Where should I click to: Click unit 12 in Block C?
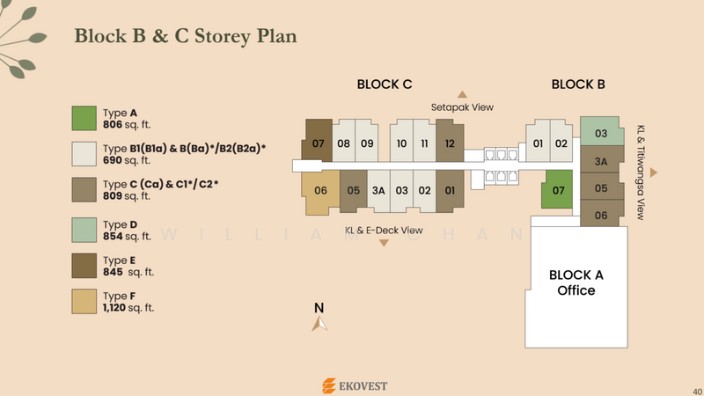coord(450,141)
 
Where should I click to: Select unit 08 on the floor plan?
coord(343,141)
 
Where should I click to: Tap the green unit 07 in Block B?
coord(557,189)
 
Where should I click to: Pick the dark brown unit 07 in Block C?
coord(319,141)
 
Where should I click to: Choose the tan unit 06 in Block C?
coord(320,191)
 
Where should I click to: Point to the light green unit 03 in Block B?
coord(602,131)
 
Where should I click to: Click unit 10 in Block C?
coord(401,141)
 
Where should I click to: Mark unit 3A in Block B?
coord(602,159)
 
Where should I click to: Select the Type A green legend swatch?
coord(84,119)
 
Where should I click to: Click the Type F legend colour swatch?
coord(84,301)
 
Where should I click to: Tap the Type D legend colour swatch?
coord(84,230)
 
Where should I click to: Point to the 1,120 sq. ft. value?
coord(128,308)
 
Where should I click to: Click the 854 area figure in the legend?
coord(113,236)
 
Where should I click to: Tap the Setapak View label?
coord(462,107)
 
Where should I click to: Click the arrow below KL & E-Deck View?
coord(384,243)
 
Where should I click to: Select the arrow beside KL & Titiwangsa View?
coord(654,172)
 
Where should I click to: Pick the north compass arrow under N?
coord(319,324)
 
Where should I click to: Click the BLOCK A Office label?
coord(576,282)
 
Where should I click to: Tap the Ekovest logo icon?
coord(328,385)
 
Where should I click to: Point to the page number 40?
coord(697,392)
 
